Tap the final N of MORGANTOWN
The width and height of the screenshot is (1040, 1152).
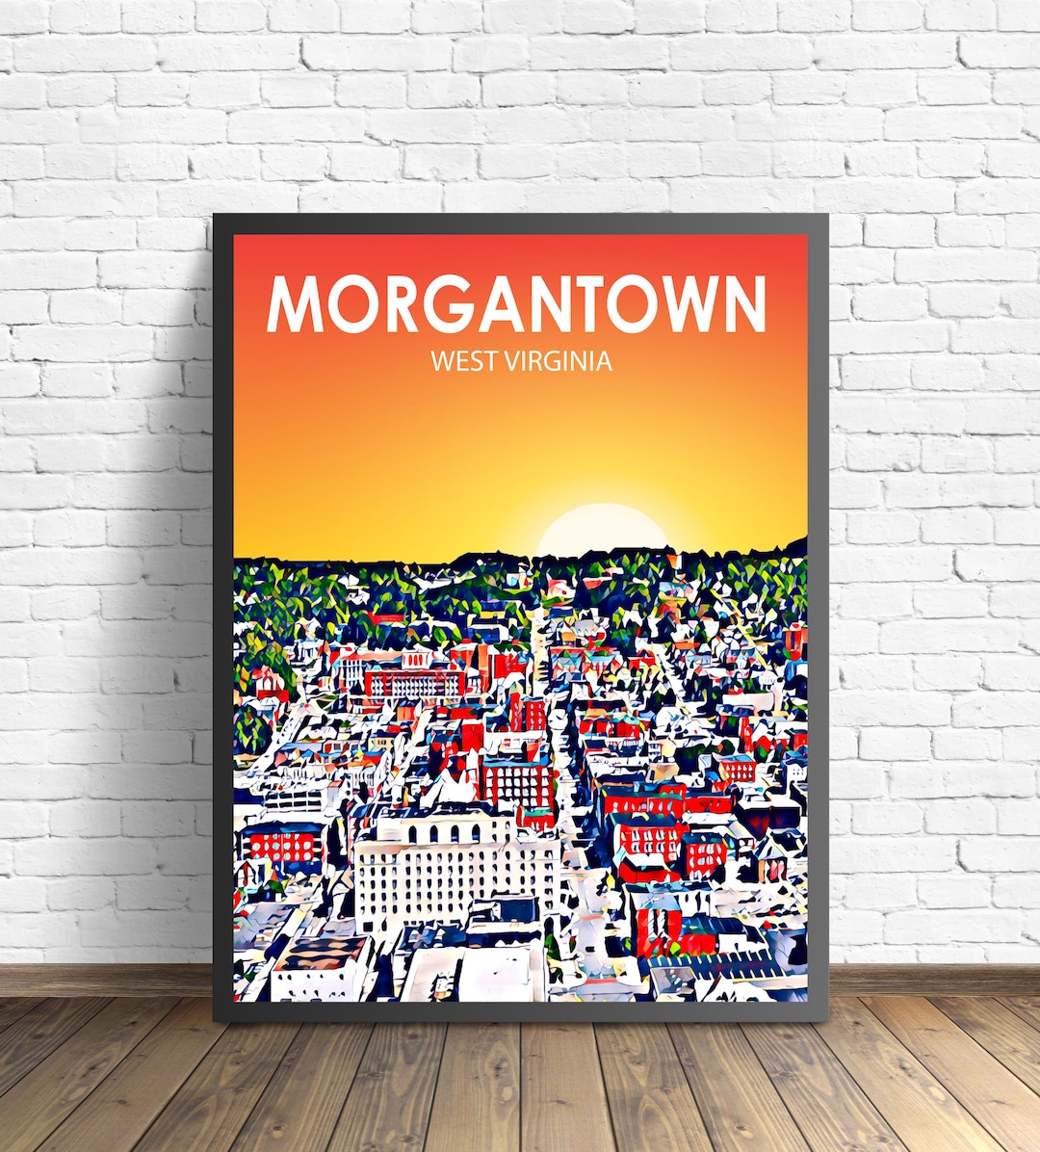point(741,304)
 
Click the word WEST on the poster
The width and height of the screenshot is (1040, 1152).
point(462,361)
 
